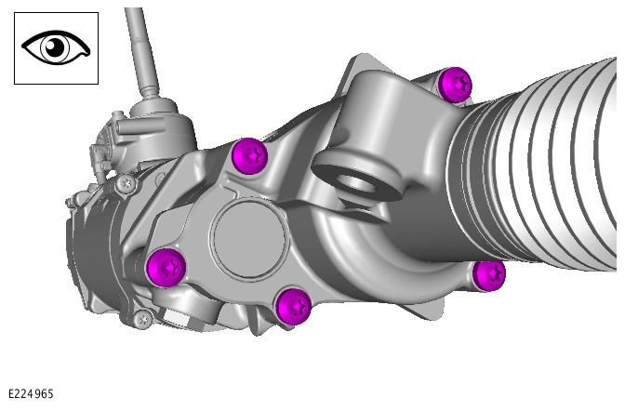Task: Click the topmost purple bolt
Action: coord(455,85)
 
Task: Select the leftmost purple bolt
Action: coord(166,268)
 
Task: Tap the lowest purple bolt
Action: coord(293,307)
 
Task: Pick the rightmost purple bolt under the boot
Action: coord(488,276)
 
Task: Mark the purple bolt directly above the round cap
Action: coord(249,156)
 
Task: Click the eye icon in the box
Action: coord(56,47)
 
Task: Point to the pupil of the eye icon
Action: coord(55,47)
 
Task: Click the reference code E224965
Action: coord(31,394)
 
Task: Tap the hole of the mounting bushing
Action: coord(356,182)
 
